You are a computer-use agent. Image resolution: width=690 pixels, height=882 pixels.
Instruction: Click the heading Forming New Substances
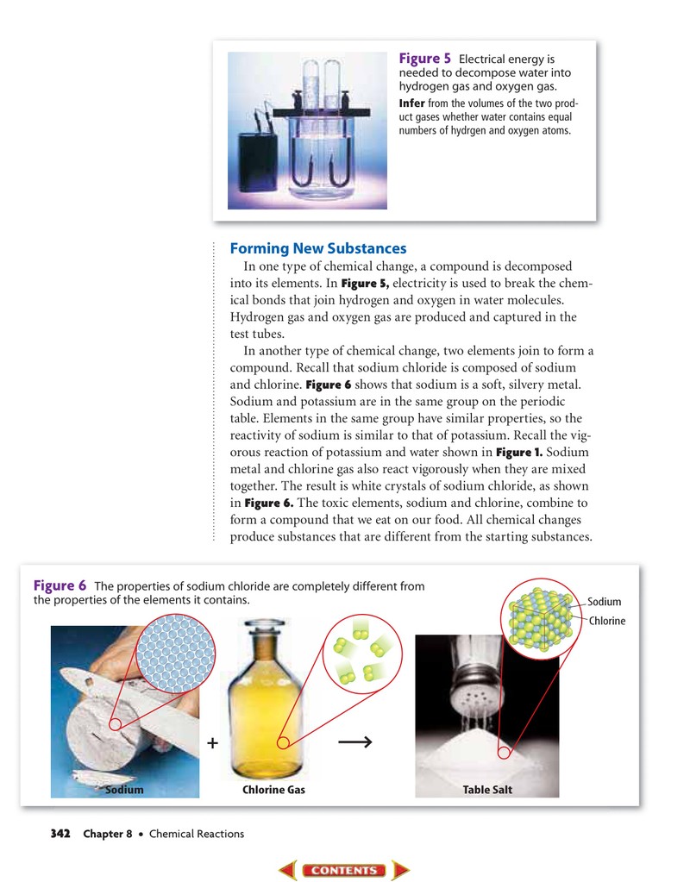(x=318, y=248)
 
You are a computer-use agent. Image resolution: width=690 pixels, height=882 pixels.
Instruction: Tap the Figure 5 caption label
(x=425, y=59)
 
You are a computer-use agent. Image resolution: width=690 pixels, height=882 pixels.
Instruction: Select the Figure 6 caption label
(x=60, y=585)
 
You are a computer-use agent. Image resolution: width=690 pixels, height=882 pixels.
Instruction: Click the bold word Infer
(x=412, y=103)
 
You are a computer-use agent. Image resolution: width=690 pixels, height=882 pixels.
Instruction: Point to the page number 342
(x=60, y=833)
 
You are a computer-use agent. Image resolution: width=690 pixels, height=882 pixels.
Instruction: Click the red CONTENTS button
(x=344, y=870)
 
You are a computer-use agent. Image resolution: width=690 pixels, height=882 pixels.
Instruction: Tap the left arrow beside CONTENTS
(x=287, y=870)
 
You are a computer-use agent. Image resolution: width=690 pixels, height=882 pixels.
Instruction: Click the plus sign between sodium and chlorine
(x=212, y=743)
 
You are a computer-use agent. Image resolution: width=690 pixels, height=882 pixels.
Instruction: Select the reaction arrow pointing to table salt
(x=355, y=742)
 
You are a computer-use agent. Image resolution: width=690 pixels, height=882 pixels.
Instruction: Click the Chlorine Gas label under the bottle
(x=273, y=790)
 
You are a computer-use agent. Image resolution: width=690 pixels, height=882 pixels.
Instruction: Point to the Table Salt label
(x=487, y=790)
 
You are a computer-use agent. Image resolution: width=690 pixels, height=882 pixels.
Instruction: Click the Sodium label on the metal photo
(x=124, y=790)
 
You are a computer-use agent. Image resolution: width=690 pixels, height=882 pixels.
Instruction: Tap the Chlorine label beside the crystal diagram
(x=607, y=621)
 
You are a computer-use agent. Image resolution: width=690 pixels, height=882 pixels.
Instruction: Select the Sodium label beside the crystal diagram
(x=605, y=602)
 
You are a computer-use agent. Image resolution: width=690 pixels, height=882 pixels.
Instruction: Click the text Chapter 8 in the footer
(x=108, y=834)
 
